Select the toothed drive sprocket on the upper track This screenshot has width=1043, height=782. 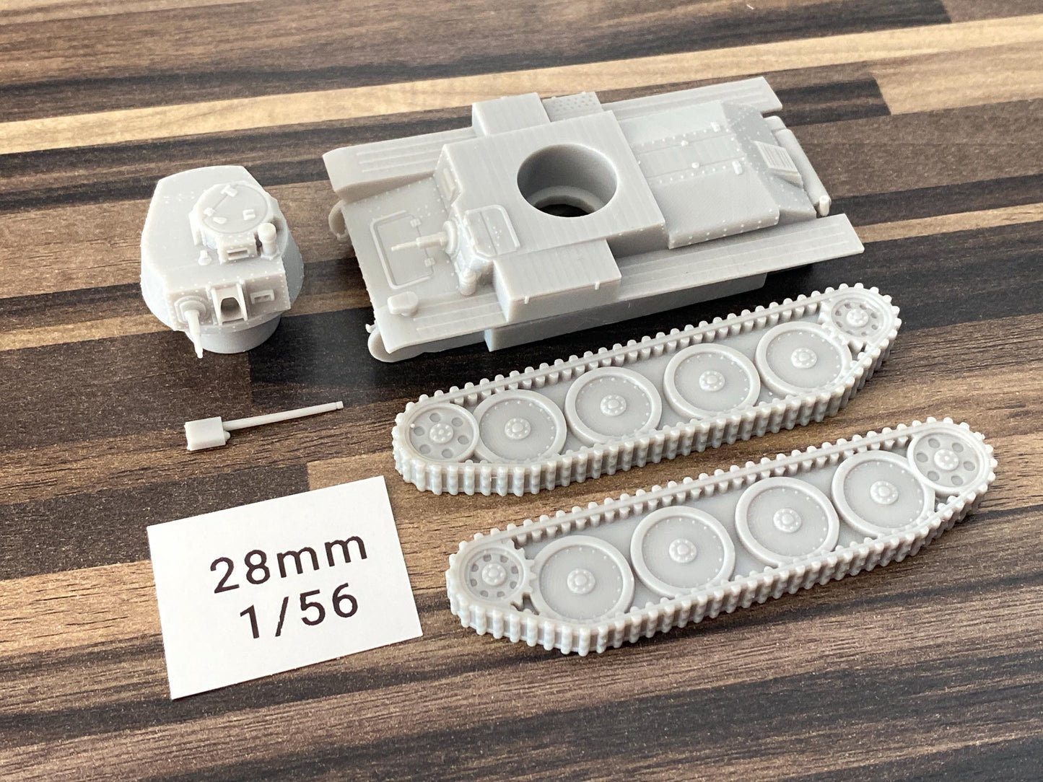[x=856, y=316]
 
